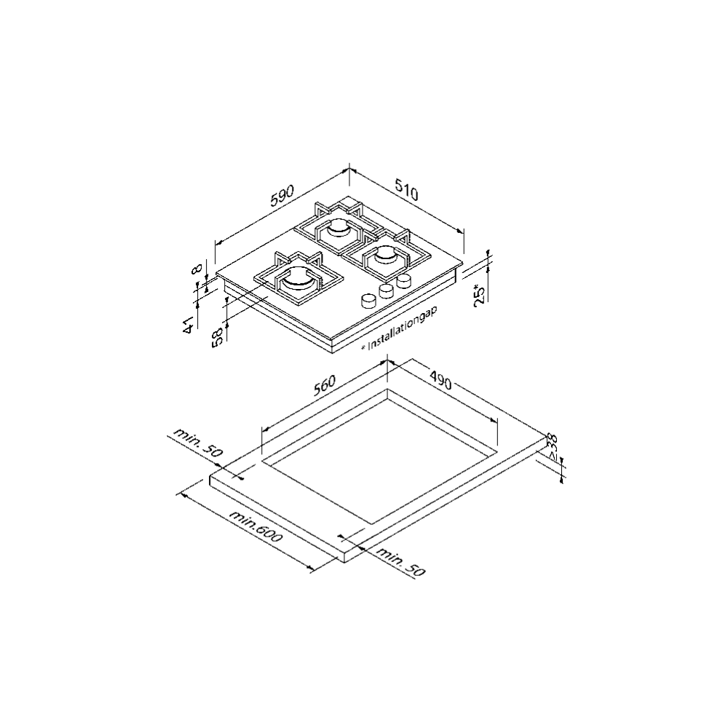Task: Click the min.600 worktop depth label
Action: (x=255, y=526)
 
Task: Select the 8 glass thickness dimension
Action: (x=196, y=269)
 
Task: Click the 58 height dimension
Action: (x=216, y=338)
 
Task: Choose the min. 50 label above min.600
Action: (x=197, y=443)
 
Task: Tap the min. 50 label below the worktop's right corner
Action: (x=400, y=561)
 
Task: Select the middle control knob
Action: (x=387, y=290)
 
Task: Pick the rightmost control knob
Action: (x=404, y=281)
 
